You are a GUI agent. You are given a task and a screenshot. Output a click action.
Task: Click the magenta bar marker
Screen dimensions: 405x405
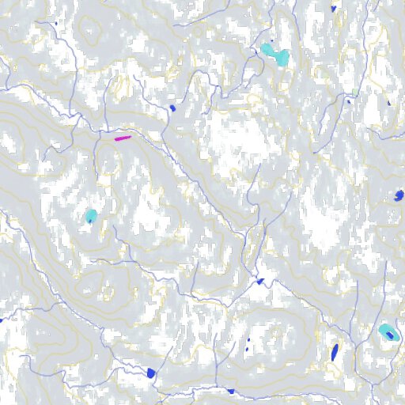pyautogui.click(x=122, y=138)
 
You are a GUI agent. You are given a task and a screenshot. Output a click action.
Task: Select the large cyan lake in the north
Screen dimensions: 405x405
pyautogui.click(x=274, y=54)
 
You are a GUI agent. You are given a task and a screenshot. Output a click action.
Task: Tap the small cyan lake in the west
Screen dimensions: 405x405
pyautogui.click(x=91, y=215)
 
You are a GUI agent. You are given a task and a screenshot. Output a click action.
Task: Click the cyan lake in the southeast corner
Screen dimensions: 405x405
pyautogui.click(x=388, y=331)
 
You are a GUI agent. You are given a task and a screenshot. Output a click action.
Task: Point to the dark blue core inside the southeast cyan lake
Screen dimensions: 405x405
pyautogui.click(x=390, y=336)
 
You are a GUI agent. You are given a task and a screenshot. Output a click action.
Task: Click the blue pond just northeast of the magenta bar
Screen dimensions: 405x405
pyautogui.click(x=172, y=108)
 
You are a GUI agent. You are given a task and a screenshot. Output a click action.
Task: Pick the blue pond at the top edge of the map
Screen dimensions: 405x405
pyautogui.click(x=334, y=8)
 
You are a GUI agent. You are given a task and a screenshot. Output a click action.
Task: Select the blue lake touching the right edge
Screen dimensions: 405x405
pyautogui.click(x=399, y=195)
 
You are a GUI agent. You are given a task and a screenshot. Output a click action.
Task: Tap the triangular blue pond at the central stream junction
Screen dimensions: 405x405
pyautogui.click(x=258, y=281)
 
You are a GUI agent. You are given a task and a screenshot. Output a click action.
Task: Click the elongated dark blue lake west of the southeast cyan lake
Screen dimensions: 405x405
pyautogui.click(x=335, y=350)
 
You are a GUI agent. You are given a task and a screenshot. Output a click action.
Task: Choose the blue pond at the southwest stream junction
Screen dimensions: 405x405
pyautogui.click(x=151, y=373)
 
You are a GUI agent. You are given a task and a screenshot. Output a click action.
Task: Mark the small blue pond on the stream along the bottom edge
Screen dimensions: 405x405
pyautogui.click(x=231, y=391)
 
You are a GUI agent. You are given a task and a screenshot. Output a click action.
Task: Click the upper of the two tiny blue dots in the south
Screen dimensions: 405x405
pyautogui.click(x=249, y=340)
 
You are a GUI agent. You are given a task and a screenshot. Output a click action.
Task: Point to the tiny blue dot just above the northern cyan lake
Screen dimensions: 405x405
pyautogui.click(x=272, y=41)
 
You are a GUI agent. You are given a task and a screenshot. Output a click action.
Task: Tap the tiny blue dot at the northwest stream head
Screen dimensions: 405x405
pyautogui.click(x=56, y=23)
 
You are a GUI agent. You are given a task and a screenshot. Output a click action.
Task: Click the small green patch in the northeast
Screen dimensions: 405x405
pyautogui.click(x=356, y=94)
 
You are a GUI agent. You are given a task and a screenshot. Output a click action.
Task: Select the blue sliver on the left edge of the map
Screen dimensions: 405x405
pyautogui.click(x=2, y=320)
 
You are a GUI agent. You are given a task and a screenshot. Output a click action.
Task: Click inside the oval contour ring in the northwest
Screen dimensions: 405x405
pyautogui.click(x=92, y=28)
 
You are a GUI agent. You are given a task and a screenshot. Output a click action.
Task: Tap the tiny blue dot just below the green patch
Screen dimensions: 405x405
pyautogui.click(x=348, y=101)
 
